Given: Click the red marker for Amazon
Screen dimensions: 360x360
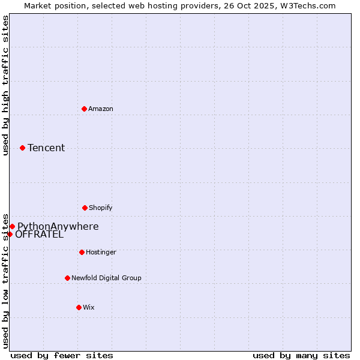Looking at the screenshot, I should (x=85, y=109).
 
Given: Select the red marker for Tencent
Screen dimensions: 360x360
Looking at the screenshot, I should (x=22, y=148).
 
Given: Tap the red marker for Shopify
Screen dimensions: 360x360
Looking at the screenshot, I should (x=85, y=208).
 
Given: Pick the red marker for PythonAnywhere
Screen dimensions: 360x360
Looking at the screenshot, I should (x=12, y=226).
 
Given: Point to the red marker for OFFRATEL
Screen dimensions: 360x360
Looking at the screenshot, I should (x=10, y=234).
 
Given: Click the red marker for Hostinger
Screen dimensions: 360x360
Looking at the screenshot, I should (x=82, y=252).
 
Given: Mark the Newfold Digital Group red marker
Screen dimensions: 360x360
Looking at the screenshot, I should (x=67, y=278).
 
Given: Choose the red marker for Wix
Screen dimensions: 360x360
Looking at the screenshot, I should (x=79, y=307).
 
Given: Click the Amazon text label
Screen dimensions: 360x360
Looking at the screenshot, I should (x=101, y=109).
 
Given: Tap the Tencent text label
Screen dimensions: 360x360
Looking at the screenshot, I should (x=46, y=148).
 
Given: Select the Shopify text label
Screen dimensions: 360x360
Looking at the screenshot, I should (x=101, y=208).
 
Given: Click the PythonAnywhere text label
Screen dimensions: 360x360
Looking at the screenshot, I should (x=58, y=226).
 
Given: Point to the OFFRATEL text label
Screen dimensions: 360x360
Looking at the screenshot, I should (x=39, y=235).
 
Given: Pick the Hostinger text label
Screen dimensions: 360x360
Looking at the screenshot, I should (x=101, y=252).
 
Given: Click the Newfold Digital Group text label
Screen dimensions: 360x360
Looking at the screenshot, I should (x=106, y=278).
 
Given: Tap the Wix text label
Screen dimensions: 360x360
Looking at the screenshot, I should (x=89, y=307).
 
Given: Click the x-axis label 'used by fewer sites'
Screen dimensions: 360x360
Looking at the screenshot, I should (x=62, y=355).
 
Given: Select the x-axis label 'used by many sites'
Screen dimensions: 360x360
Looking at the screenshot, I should (x=301, y=355).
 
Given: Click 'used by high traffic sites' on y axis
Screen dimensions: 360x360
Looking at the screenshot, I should (x=5, y=85).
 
